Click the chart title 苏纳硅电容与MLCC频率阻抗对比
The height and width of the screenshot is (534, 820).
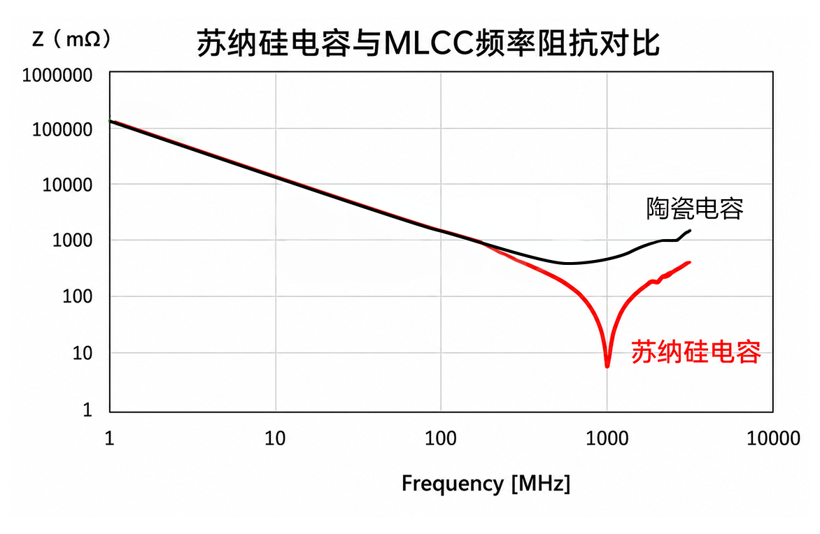(427, 43)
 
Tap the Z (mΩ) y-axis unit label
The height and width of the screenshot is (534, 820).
(71, 38)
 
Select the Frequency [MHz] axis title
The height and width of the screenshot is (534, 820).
(486, 483)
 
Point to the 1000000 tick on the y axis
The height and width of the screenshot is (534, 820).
(57, 75)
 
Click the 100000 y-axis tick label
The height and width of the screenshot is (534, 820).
(62, 129)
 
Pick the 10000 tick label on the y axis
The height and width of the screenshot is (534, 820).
(67, 185)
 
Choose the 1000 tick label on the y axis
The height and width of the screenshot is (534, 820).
(72, 240)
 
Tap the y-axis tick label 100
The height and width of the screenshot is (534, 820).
(78, 297)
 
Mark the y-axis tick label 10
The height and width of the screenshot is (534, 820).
(83, 353)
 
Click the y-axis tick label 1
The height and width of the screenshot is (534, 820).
(87, 410)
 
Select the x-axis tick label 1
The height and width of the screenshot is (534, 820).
(109, 438)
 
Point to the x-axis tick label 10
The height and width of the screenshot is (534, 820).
(275, 438)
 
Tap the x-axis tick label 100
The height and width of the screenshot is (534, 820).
(441, 438)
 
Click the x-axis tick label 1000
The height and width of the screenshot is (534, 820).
(607, 438)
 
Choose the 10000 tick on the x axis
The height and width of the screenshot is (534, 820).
(773, 438)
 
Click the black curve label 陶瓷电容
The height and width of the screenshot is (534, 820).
(695, 208)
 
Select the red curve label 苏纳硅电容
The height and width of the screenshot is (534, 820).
(696, 352)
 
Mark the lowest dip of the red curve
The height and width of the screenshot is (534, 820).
(607, 366)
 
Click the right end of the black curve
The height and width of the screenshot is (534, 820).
(690, 231)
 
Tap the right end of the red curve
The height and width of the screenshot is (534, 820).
(689, 262)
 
